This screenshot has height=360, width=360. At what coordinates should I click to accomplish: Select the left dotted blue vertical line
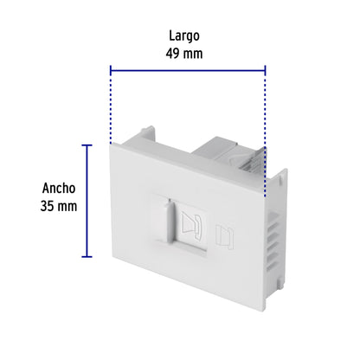click(111, 104)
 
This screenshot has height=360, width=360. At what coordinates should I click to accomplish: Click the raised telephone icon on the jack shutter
click(196, 226)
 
